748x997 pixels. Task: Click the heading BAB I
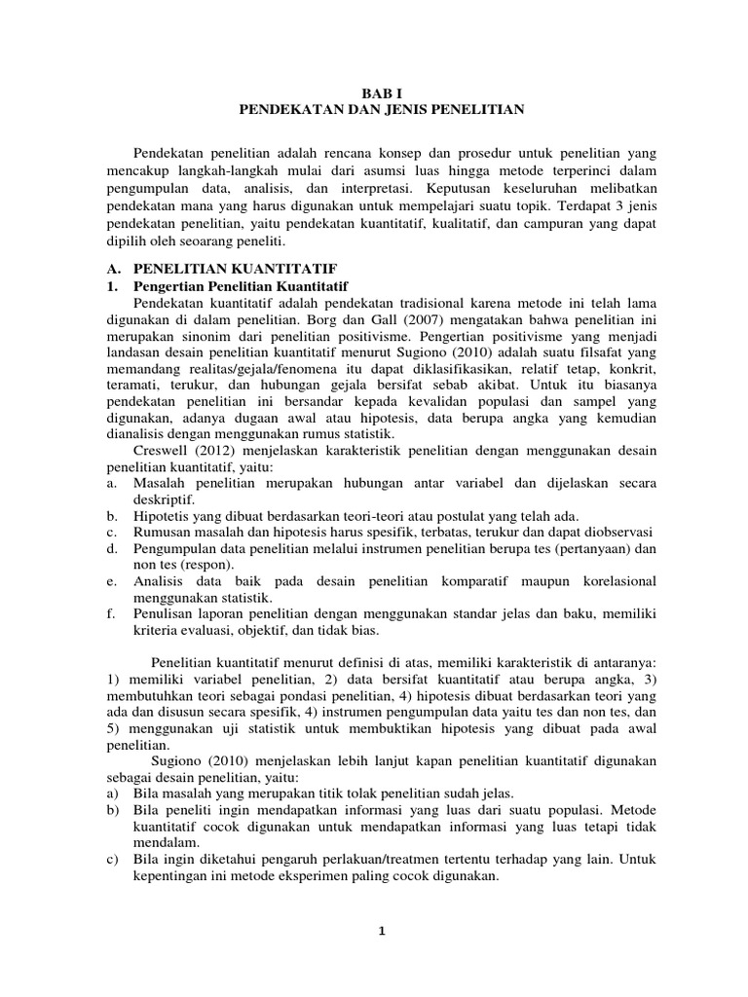382,93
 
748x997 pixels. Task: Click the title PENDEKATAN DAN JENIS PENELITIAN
382,110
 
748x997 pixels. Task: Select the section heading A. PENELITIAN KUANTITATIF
221,267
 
